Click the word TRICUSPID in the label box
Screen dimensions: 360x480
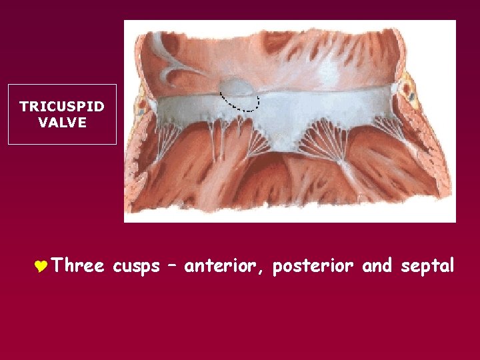(62, 107)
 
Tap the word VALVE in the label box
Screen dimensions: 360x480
(62, 122)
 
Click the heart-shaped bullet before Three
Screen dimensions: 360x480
(39, 267)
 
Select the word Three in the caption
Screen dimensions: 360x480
(78, 267)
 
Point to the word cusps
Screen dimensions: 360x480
(137, 267)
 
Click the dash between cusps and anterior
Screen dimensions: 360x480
(172, 267)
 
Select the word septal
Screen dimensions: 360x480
(428, 267)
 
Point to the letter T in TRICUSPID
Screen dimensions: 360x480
(24, 107)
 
